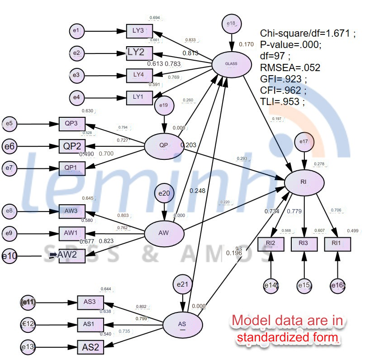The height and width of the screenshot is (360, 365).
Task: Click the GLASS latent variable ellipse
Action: point(231,64)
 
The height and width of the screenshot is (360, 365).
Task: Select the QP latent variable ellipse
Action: point(164,145)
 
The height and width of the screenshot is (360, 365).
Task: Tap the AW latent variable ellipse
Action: point(164,233)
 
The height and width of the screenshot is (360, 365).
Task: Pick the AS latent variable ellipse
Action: point(182,324)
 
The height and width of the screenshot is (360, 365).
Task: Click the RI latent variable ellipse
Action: point(304,182)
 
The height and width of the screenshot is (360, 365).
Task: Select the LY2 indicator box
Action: point(136,53)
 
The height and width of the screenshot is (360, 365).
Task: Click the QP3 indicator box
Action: point(71,124)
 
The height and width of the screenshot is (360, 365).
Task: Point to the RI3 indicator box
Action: point(303,244)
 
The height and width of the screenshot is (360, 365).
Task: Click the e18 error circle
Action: point(231,23)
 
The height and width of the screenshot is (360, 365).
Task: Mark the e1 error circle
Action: point(76,31)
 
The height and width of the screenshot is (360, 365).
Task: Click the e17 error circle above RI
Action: point(304,142)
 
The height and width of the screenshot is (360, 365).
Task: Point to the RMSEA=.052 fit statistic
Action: point(290,68)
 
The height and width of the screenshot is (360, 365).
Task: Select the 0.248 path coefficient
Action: point(198,191)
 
